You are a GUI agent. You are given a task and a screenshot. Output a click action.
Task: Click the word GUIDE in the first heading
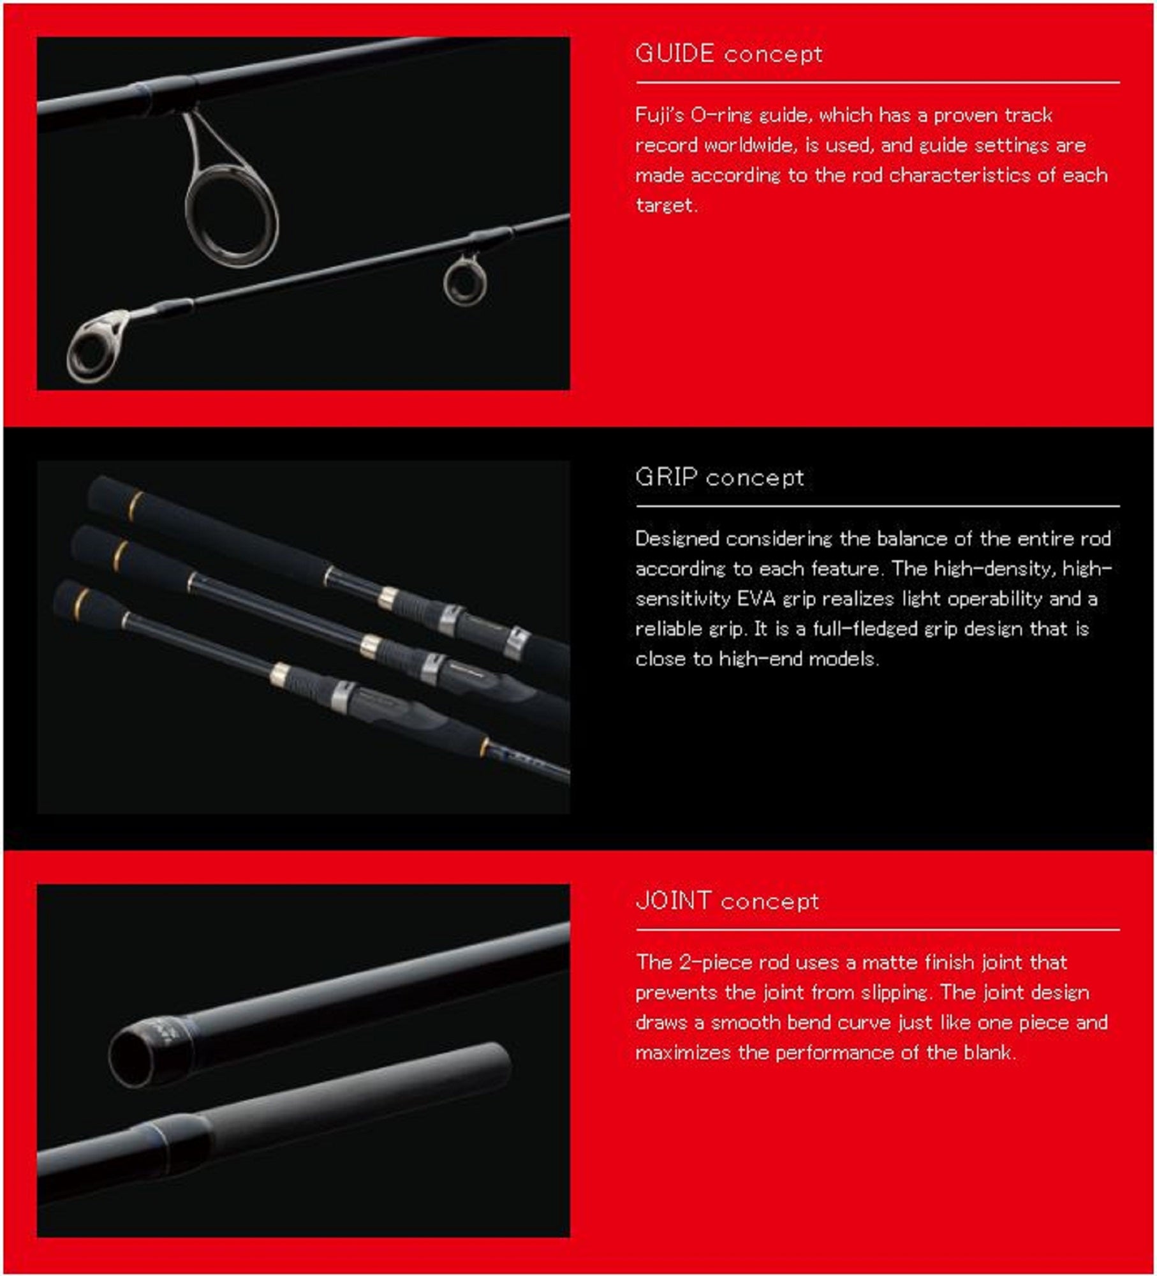click(x=674, y=54)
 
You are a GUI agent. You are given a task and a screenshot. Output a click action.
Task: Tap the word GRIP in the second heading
click(x=665, y=477)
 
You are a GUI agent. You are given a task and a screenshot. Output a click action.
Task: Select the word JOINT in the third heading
click(x=673, y=901)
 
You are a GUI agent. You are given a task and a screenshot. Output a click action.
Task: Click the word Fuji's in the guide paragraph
click(x=659, y=115)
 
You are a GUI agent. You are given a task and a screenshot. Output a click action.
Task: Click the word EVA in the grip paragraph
click(x=756, y=599)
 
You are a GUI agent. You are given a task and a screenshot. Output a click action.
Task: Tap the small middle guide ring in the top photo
click(x=465, y=282)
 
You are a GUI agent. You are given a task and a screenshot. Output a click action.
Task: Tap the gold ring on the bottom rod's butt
click(x=81, y=600)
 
